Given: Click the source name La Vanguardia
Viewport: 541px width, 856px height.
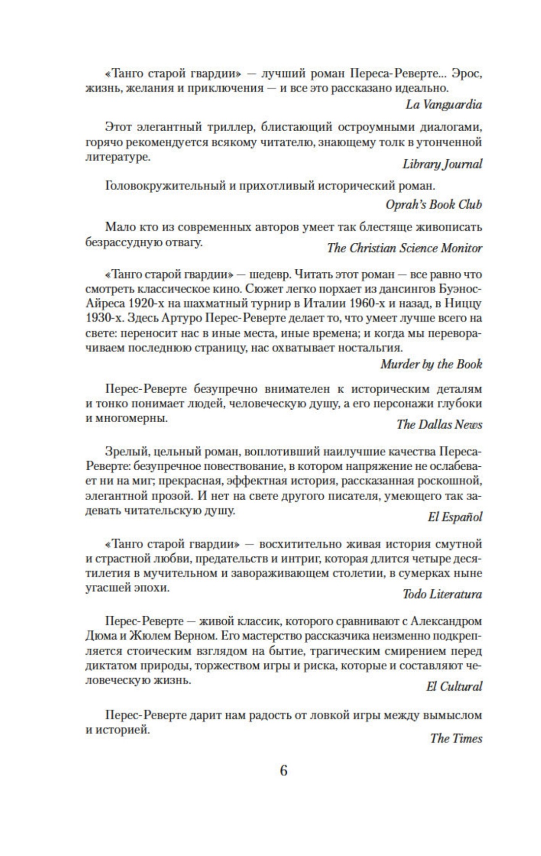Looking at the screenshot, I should point(444,105).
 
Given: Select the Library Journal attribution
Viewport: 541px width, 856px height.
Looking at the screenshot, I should point(442,164).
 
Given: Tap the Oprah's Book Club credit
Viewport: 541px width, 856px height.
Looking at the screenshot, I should point(433,204).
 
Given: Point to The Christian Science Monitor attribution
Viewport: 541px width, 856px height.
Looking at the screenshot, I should point(404,248).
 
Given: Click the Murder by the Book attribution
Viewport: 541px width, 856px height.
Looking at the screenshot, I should point(431,364).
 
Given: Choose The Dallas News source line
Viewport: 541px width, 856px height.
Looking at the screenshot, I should point(439,425).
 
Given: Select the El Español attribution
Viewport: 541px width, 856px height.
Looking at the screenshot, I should point(455,517).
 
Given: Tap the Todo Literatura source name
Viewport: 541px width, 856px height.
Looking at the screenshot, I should point(442,594).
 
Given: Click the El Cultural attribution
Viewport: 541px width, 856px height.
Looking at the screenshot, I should point(454,686).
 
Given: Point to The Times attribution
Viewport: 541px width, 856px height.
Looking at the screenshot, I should point(456,739).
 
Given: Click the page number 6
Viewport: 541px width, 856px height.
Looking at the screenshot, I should point(283,770).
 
